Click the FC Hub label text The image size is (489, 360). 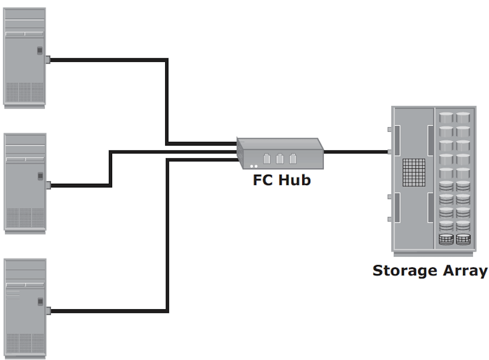click(282, 180)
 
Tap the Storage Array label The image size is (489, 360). click(430, 271)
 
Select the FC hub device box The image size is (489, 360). click(280, 153)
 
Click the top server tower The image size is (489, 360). click(25, 58)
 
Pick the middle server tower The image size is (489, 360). click(25, 183)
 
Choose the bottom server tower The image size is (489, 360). click(25, 309)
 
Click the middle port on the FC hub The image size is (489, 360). click(280, 159)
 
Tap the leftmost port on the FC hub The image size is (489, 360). click(267, 159)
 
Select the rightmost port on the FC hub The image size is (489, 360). click(293, 159)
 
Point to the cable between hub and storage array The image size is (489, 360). click(356, 152)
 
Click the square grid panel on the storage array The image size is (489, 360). click(414, 173)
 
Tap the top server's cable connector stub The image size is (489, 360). click(48, 60)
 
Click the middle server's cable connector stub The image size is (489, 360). click(48, 185)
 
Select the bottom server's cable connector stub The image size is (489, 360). click(48, 311)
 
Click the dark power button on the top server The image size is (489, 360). click(40, 50)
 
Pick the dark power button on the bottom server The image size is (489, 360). click(40, 302)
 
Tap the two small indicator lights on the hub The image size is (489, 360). click(254, 166)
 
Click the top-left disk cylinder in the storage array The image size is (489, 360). click(446, 118)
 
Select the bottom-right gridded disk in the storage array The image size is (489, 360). click(463, 239)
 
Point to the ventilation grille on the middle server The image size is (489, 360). click(25, 218)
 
